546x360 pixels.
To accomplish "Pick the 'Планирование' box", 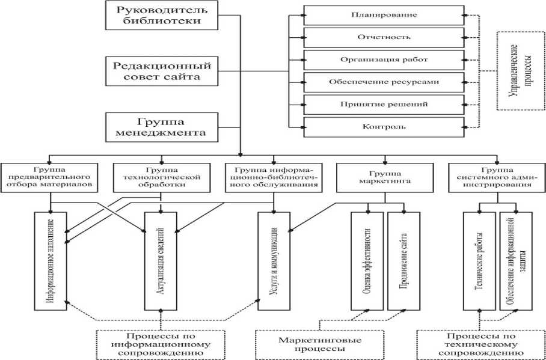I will point(384,14).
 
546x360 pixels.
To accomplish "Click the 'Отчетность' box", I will point(384,37).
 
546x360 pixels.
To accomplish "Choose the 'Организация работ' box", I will point(384,59).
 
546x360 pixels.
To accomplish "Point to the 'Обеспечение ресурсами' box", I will point(384,82).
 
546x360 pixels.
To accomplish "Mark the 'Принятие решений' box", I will point(384,104).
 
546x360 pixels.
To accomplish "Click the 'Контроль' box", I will point(384,126).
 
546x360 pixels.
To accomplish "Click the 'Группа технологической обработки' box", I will point(158,176).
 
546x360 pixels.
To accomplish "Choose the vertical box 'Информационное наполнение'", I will point(51,261).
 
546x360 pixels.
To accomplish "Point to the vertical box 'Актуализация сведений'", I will point(161,261).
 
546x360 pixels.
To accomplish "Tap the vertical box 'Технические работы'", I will point(479,261).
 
